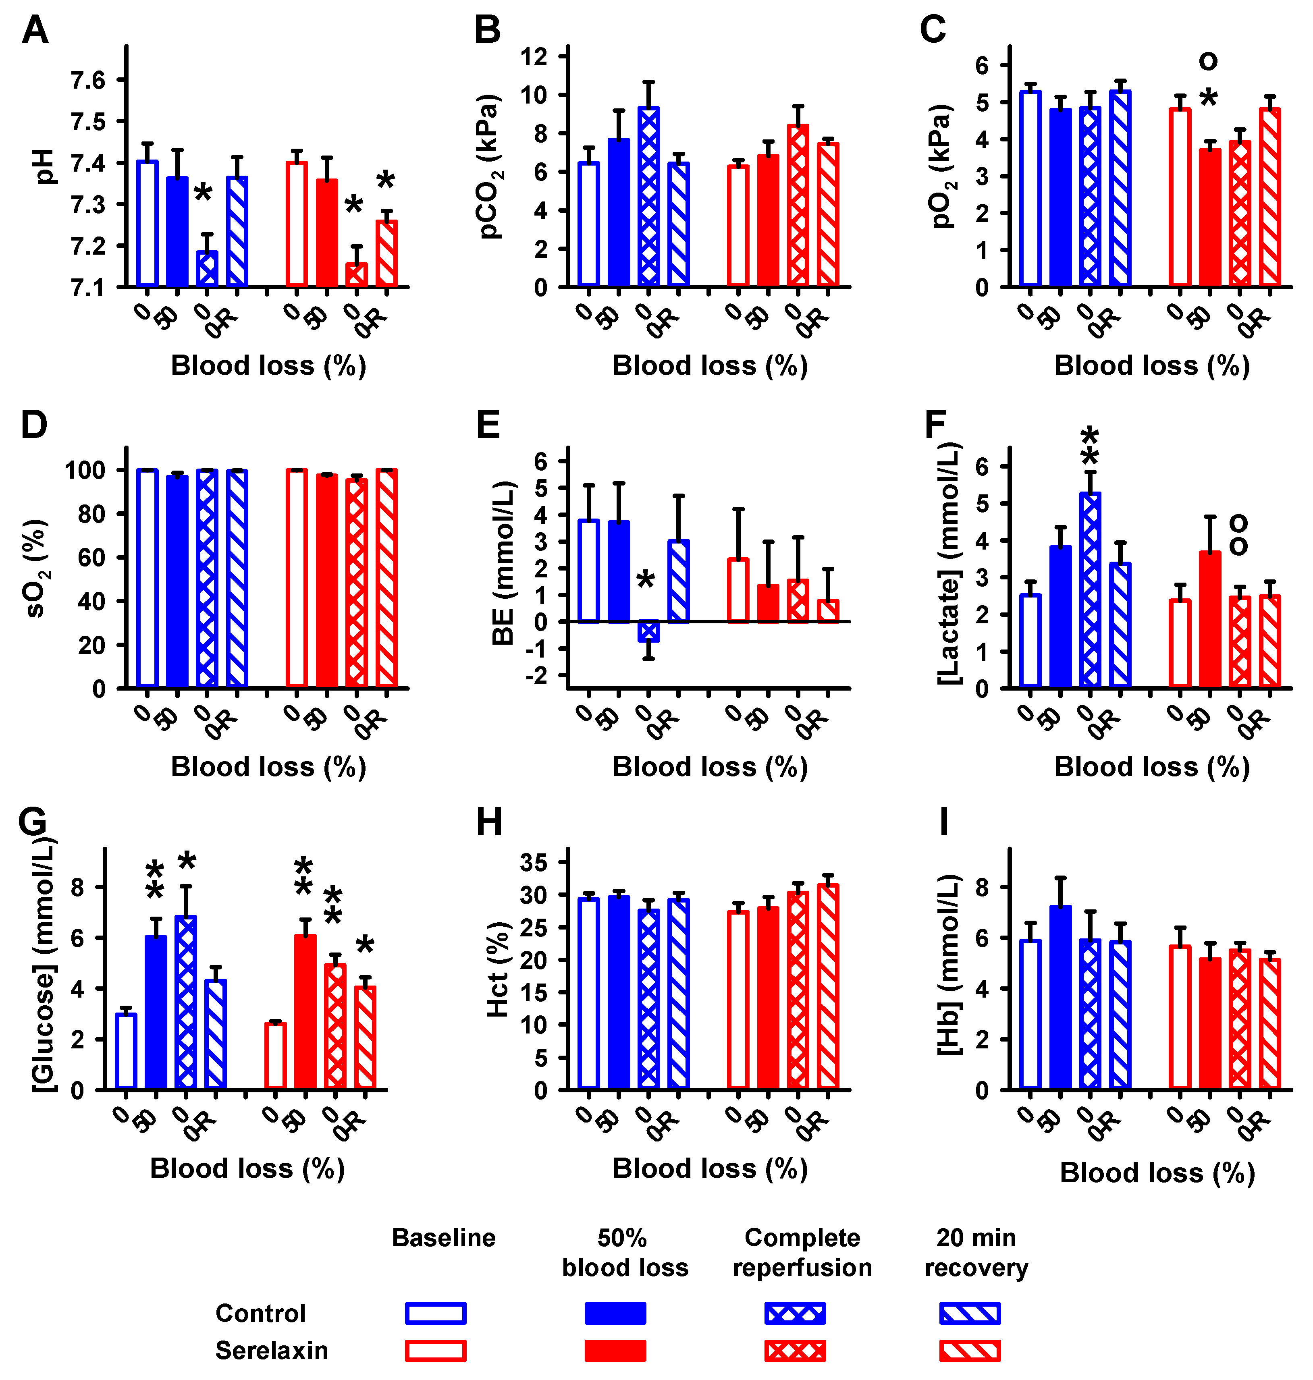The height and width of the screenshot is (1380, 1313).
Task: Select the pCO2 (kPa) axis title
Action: click(490, 166)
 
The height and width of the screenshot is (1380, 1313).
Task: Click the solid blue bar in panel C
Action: click(1060, 197)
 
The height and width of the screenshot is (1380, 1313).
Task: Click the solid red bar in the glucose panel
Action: click(305, 1012)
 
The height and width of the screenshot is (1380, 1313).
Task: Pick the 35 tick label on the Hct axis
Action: click(534, 863)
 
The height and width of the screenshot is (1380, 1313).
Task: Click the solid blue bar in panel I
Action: click(1060, 998)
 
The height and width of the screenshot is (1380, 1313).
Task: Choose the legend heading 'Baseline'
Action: click(444, 1238)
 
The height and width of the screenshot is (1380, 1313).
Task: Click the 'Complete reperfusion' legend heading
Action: click(802, 1253)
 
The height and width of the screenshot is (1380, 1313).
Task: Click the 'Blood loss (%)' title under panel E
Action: click(710, 768)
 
